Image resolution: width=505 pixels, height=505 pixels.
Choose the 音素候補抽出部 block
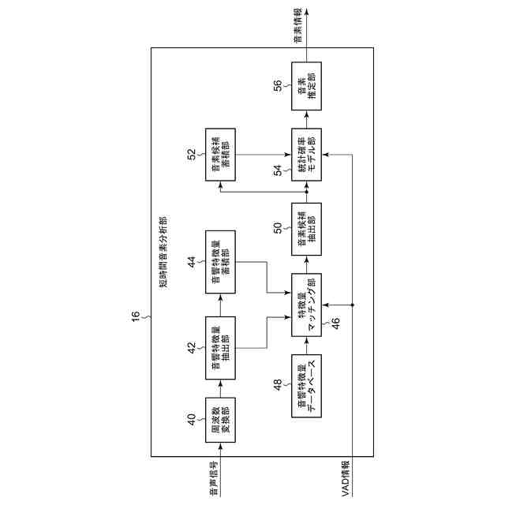pyautogui.click(x=307, y=229)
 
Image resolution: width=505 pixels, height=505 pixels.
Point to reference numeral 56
pyautogui.click(x=278, y=84)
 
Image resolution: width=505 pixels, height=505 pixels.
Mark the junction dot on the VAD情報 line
pyautogui.click(x=353, y=305)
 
